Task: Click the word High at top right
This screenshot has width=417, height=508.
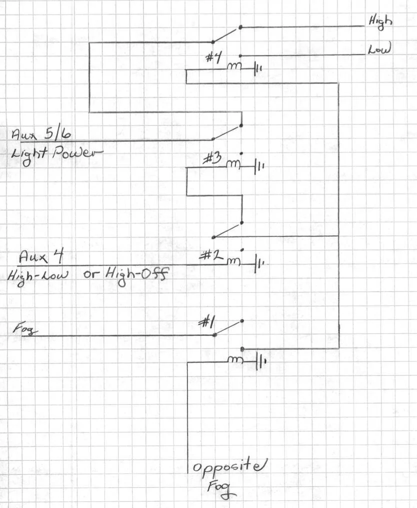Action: pyautogui.click(x=380, y=22)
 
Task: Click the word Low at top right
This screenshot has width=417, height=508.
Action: pyautogui.click(x=379, y=49)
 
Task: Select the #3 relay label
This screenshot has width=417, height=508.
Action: pyautogui.click(x=212, y=158)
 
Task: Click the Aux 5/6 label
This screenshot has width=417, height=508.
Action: pyautogui.click(x=41, y=133)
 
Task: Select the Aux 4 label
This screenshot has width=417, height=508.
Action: pyautogui.click(x=41, y=256)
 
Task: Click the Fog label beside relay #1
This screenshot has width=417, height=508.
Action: pyautogui.click(x=25, y=329)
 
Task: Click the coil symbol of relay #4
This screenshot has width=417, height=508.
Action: pyautogui.click(x=234, y=66)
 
